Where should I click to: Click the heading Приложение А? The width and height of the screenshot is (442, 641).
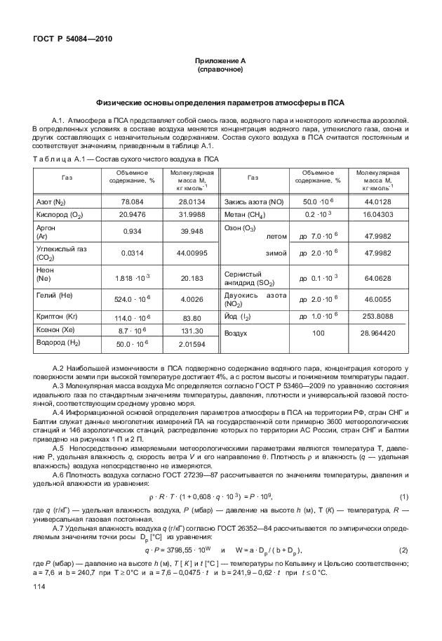[220, 61]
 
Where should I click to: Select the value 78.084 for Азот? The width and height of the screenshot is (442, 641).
[132, 202]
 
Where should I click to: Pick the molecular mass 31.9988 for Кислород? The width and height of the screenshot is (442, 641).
[192, 215]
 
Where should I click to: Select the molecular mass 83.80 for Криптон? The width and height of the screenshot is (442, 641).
[192, 317]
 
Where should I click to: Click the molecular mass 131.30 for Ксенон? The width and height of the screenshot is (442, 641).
[192, 330]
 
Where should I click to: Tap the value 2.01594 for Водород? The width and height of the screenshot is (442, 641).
[192, 345]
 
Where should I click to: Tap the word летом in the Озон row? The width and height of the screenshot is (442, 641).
[277, 236]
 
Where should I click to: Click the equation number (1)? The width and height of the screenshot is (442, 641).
[403, 498]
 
